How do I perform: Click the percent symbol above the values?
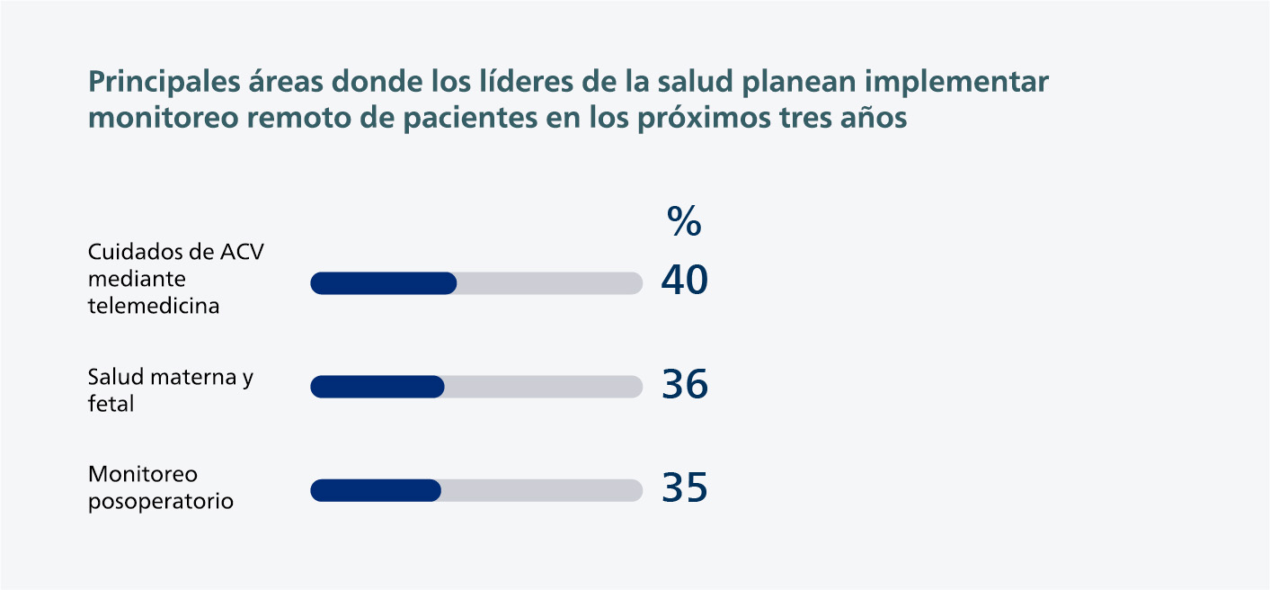684,221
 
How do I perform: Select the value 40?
684,281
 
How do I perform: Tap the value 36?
684,385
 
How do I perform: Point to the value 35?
684,487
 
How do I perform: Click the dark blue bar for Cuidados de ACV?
384,283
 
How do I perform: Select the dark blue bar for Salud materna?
377,387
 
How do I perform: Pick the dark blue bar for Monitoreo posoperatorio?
376,490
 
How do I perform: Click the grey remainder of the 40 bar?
549,283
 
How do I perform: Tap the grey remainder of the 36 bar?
544,387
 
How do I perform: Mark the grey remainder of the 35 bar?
542,490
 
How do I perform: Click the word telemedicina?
154,306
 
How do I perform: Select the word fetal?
111,405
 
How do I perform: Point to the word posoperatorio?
161,502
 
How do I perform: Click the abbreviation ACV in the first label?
242,252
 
